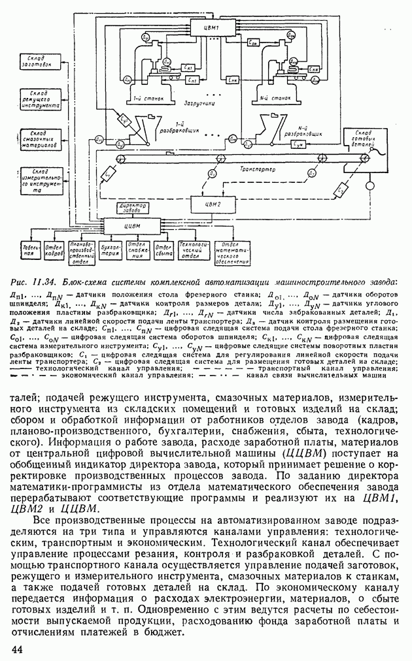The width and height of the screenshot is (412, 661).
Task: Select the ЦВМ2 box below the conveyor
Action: click(x=207, y=204)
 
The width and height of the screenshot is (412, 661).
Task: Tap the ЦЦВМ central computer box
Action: click(x=133, y=226)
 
